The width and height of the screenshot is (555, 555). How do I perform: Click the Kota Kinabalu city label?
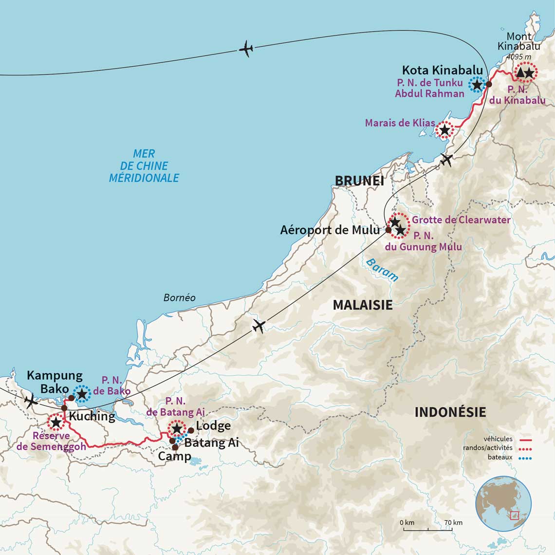(x=442, y=70)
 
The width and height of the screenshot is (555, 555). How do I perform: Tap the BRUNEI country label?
(x=359, y=181)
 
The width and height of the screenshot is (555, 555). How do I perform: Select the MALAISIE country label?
(x=362, y=305)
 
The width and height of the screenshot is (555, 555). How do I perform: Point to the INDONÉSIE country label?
(x=450, y=412)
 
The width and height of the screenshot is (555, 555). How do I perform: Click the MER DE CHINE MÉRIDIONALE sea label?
(x=144, y=166)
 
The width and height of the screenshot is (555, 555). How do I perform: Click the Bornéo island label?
(x=179, y=297)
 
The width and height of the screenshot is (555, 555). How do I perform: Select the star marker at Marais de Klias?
(x=444, y=130)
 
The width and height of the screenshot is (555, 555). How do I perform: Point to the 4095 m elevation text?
(x=518, y=57)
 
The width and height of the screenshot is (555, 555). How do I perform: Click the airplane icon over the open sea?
(x=246, y=49)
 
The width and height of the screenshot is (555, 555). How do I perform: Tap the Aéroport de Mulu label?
(x=330, y=230)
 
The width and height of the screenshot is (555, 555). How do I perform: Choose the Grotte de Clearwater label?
(x=461, y=220)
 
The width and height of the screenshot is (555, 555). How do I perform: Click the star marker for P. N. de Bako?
(x=82, y=393)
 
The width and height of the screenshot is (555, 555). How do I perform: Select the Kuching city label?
(x=92, y=416)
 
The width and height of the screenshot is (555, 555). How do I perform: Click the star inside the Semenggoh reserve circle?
(x=55, y=422)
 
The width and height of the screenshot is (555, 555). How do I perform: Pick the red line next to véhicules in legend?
(x=524, y=439)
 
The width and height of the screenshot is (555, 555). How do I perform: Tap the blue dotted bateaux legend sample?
(x=524, y=458)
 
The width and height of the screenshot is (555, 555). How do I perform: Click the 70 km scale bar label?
(x=453, y=523)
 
